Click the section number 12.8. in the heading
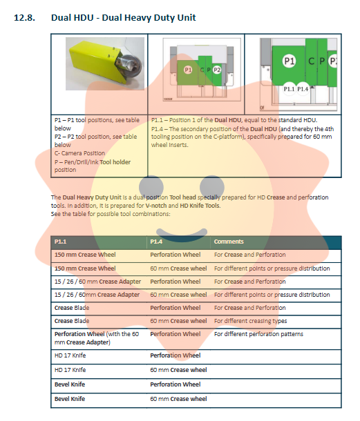24,18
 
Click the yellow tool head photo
105,63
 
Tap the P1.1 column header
61,242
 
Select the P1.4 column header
156,242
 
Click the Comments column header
229,242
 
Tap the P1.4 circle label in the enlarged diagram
303,89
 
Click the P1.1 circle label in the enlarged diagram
289,89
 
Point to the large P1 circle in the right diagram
290,61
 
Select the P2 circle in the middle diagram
217,70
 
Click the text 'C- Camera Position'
79,153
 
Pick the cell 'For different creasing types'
250,321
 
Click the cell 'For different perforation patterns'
258,334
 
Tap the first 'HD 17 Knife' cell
70,355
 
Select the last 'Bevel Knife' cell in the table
70,399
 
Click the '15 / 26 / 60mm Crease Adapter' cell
97,295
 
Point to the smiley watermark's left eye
151,188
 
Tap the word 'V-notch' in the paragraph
156,206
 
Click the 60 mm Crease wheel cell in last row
178,399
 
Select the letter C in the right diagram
312,61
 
